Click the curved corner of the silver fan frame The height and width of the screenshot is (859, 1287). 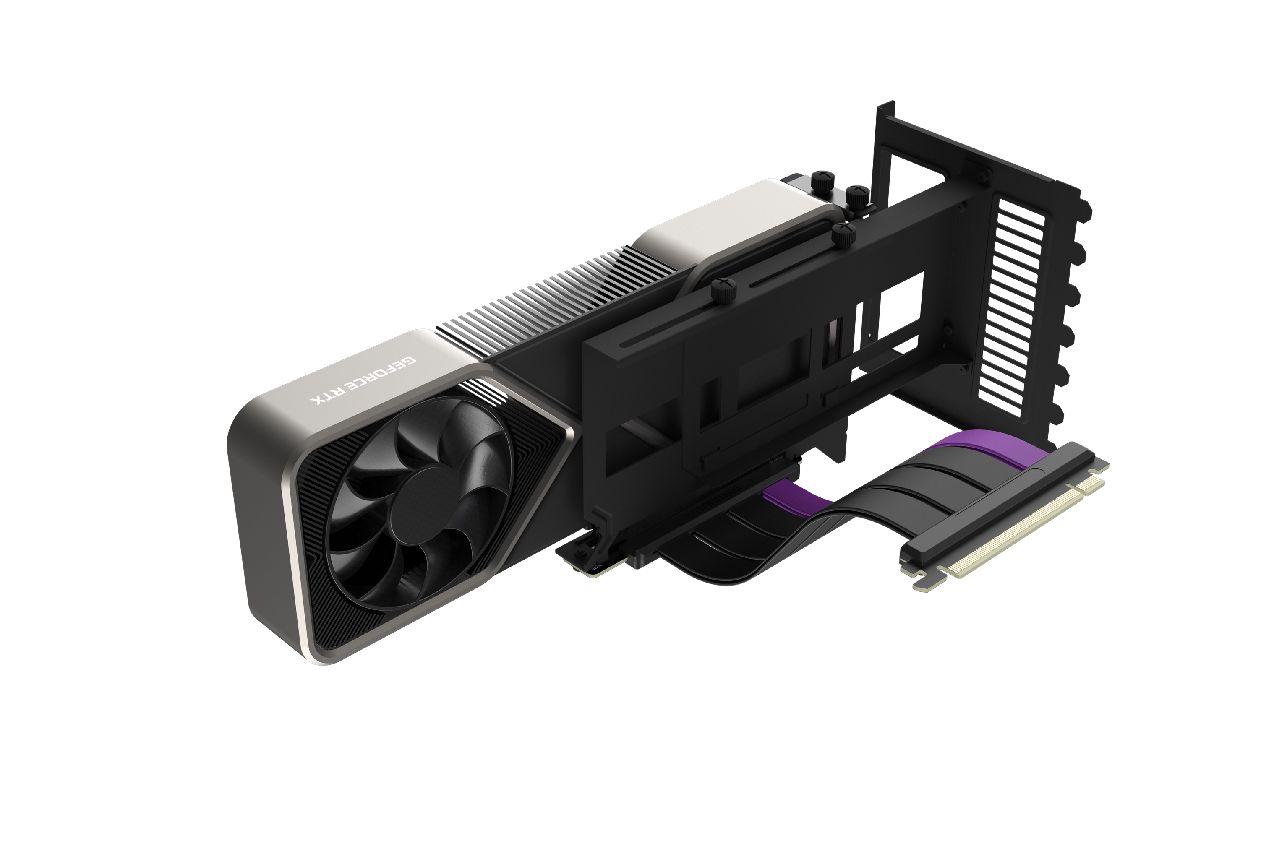[247, 438]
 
